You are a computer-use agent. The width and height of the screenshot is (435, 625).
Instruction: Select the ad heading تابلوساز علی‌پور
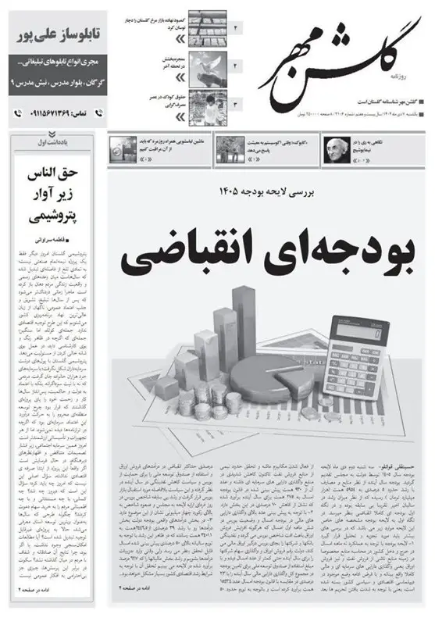click(51, 37)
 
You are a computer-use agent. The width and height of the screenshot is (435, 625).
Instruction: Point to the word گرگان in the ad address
click(87, 82)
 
